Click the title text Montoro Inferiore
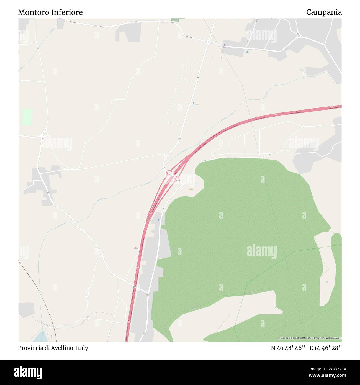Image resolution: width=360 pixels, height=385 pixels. click(x=50, y=12)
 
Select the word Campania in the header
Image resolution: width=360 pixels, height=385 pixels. click(x=324, y=12)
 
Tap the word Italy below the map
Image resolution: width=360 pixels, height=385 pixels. click(x=82, y=348)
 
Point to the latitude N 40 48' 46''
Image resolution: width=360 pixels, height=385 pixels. click(x=288, y=348)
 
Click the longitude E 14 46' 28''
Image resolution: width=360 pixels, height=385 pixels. click(x=326, y=348)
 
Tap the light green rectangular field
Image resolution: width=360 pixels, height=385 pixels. click(x=27, y=117)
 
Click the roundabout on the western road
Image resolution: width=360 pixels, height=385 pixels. click(x=44, y=135)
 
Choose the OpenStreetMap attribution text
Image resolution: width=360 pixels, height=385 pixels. click(x=310, y=338)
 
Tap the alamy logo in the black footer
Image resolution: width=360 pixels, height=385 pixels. click(x=28, y=372)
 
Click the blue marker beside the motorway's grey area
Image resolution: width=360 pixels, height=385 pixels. click(x=158, y=220)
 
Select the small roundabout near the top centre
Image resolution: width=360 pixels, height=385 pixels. click(x=208, y=42)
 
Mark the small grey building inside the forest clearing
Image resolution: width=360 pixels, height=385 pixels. click(x=327, y=282)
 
